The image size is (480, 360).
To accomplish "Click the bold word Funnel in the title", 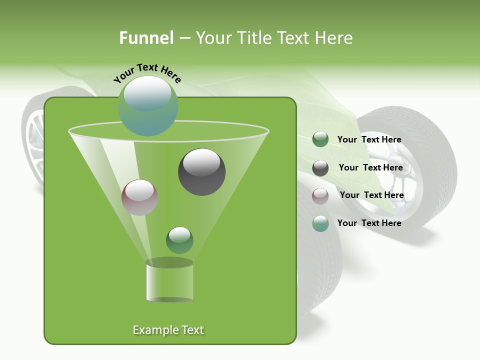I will click(146, 38).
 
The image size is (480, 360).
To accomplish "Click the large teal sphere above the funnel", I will click(147, 105).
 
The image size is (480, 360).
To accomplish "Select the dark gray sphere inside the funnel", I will click(201, 172).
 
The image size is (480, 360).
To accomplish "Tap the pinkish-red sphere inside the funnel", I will click(140, 197).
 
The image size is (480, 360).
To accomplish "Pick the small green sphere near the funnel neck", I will click(179, 240).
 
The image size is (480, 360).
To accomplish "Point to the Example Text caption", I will click(168, 330).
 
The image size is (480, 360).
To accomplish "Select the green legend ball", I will click(320, 139).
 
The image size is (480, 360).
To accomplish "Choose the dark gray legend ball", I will click(320, 168).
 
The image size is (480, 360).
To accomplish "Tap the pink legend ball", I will click(320, 195).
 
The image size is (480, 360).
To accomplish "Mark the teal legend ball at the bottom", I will click(320, 223).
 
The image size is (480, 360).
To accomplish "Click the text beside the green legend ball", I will click(369, 139).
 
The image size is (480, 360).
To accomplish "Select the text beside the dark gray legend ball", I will click(370, 167).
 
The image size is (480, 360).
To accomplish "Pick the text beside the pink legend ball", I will click(371, 195).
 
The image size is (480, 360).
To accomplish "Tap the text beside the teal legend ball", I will click(369, 223).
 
